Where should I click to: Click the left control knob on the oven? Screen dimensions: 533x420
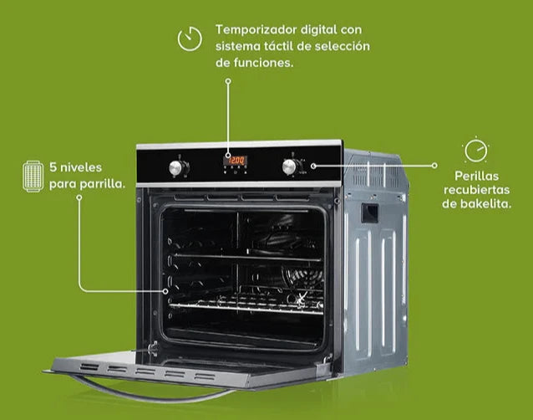(176, 168)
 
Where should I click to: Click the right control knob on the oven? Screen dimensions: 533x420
(290, 167)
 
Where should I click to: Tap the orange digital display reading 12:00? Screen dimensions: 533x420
(236, 161)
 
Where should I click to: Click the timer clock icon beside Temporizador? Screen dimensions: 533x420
(190, 38)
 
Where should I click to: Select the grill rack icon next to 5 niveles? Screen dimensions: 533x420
(33, 177)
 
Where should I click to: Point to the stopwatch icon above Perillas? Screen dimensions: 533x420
(476, 150)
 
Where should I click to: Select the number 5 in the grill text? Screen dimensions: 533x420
(53, 167)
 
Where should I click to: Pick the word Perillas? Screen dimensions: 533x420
(476, 176)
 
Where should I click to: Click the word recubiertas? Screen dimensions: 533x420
(476, 190)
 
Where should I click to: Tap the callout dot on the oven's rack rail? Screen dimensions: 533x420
(165, 291)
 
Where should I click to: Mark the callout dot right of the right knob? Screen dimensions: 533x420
(313, 166)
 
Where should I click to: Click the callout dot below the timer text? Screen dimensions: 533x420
(228, 81)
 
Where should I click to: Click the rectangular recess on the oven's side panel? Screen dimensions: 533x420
(369, 213)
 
